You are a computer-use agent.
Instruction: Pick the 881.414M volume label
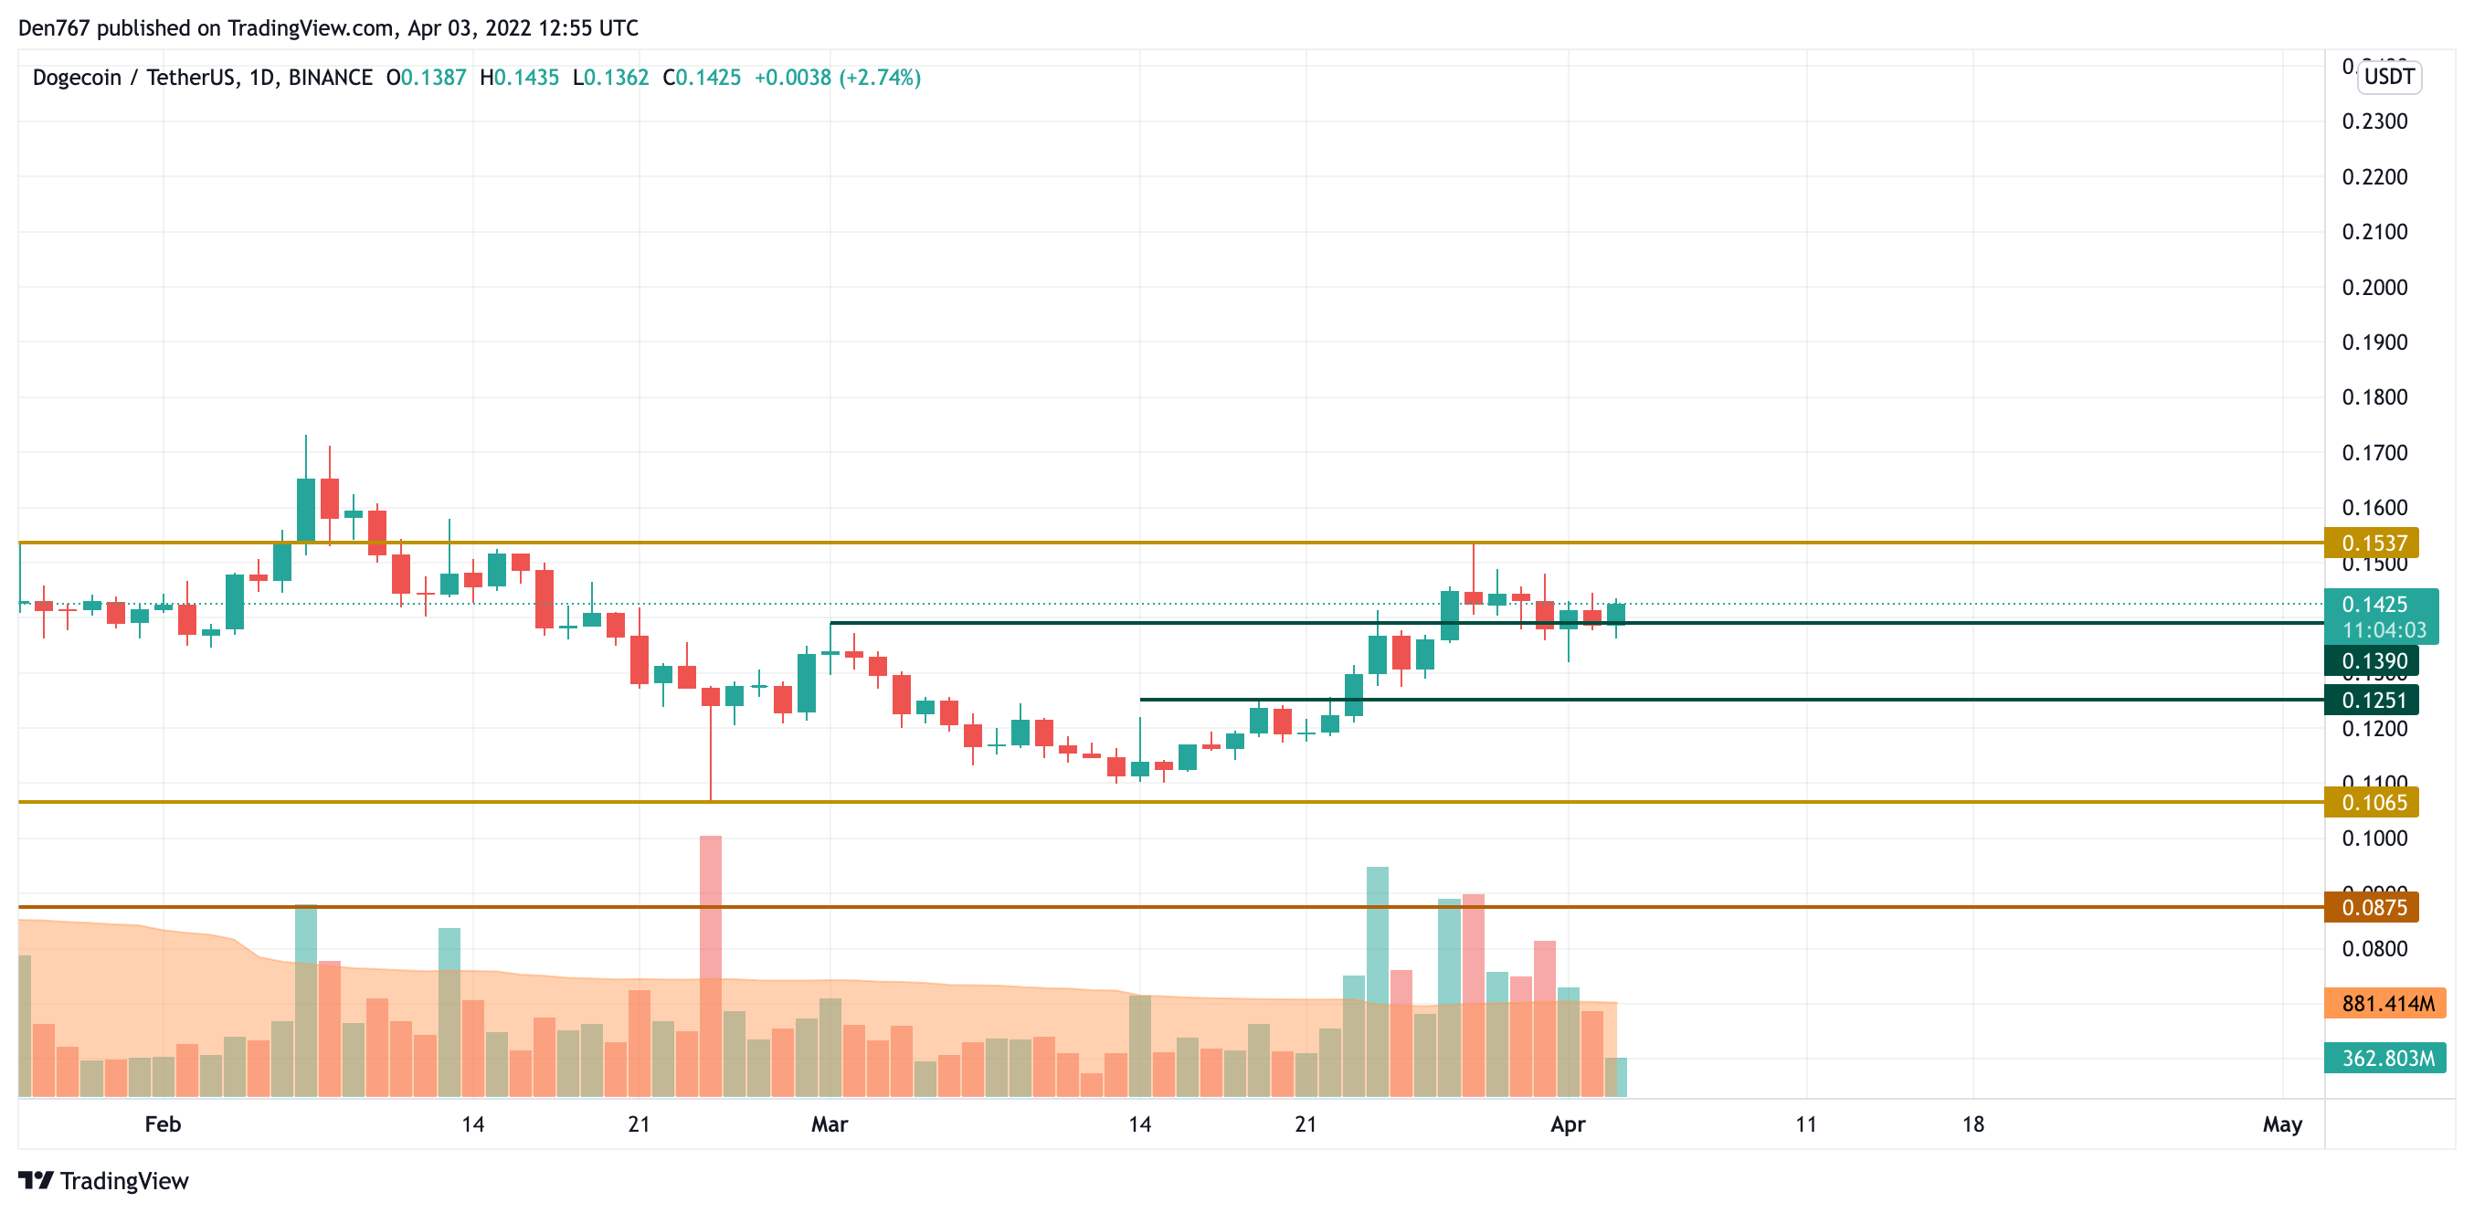(x=2385, y=1004)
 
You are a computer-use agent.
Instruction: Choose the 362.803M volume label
(x=2385, y=1059)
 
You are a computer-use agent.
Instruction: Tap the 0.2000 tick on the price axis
(x=2374, y=287)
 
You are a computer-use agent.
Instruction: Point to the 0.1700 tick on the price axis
(x=2374, y=452)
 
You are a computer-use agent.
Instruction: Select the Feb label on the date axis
(x=163, y=1123)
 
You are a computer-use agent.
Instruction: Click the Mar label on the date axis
(x=830, y=1123)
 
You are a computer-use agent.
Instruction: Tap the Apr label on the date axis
(x=1568, y=1123)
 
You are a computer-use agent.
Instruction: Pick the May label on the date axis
(x=2282, y=1123)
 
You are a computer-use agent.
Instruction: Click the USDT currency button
(x=2388, y=77)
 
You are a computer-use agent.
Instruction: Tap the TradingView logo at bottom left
(x=104, y=1180)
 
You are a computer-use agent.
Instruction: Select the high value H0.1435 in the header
(x=520, y=78)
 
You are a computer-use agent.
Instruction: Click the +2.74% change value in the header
(x=880, y=78)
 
